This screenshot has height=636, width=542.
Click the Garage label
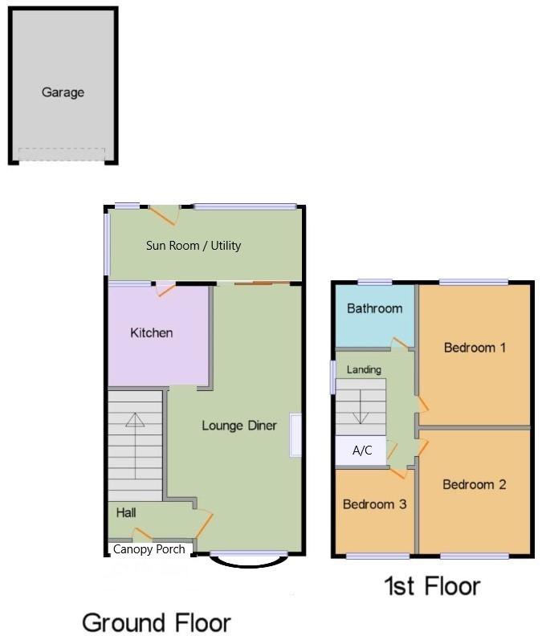pos(63,92)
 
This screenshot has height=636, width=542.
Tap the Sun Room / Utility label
pos(194,246)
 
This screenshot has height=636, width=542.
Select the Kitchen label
pos(152,332)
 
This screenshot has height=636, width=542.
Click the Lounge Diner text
pos(238,426)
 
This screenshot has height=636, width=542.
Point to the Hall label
pos(126,512)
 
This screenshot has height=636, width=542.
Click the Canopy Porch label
pos(149,549)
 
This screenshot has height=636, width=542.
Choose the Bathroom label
pos(374,308)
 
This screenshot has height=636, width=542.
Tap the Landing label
pos(364,369)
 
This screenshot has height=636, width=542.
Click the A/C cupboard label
pos(362,450)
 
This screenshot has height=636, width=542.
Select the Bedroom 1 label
pos(475,348)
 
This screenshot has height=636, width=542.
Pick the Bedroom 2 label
pos(474,484)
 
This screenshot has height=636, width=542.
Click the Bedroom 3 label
pos(374,504)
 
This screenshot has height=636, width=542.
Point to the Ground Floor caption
pos(157,622)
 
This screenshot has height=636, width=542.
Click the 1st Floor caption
pos(432,586)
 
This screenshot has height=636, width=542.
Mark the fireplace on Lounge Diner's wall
pos(295,434)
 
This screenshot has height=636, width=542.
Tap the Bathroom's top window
pos(374,282)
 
